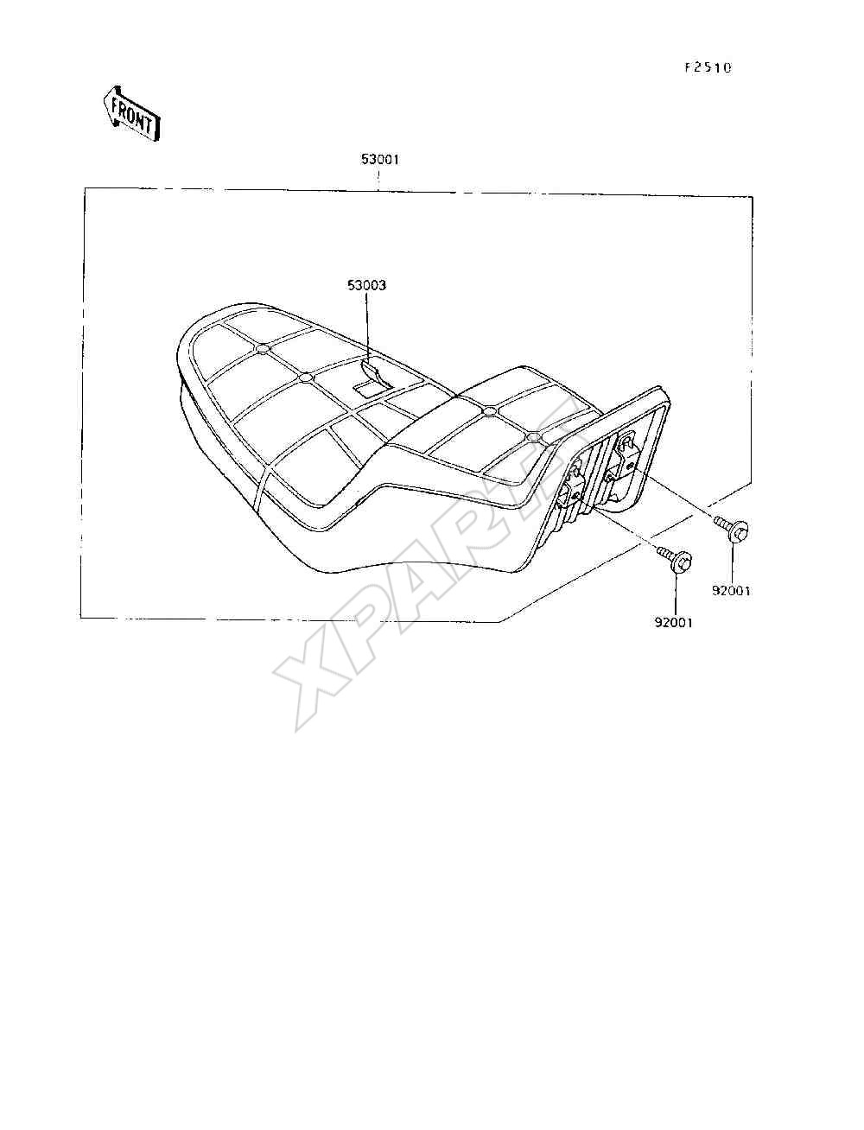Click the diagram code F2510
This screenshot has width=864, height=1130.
(x=708, y=68)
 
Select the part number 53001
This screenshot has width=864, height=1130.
(x=380, y=160)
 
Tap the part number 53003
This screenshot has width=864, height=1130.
(x=366, y=285)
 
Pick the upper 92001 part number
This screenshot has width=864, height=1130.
(x=731, y=591)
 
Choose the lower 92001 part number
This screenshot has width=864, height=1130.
(x=673, y=622)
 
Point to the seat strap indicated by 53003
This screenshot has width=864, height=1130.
(x=372, y=382)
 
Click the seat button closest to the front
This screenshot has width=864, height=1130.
(x=262, y=349)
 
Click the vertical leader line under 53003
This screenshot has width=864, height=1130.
(x=366, y=327)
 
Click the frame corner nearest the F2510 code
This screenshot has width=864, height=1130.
(x=753, y=197)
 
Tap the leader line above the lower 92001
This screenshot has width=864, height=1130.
(x=675, y=594)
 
